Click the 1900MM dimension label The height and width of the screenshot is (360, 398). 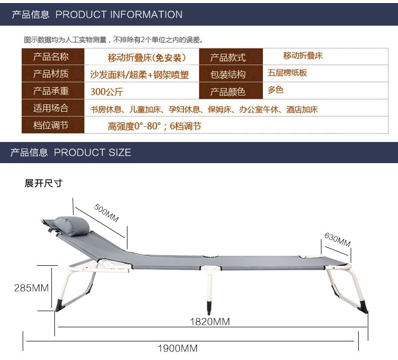(177, 348)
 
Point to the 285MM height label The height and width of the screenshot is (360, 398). (31, 288)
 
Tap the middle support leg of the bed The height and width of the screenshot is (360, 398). (209, 290)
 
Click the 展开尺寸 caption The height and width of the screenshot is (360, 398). (43, 183)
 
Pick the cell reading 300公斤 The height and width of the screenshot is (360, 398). (107, 92)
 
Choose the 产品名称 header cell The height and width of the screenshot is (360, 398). (51, 56)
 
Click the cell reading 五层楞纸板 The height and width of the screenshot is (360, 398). (288, 73)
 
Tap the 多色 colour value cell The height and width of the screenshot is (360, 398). (276, 91)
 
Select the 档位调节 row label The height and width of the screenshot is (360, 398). (51, 125)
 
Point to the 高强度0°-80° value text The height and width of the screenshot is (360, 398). (154, 126)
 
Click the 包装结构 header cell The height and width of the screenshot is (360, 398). (228, 75)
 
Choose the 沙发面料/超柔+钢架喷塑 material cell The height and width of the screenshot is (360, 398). (139, 75)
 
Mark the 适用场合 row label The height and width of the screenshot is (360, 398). (51, 108)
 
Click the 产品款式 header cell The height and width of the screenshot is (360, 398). (228, 57)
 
